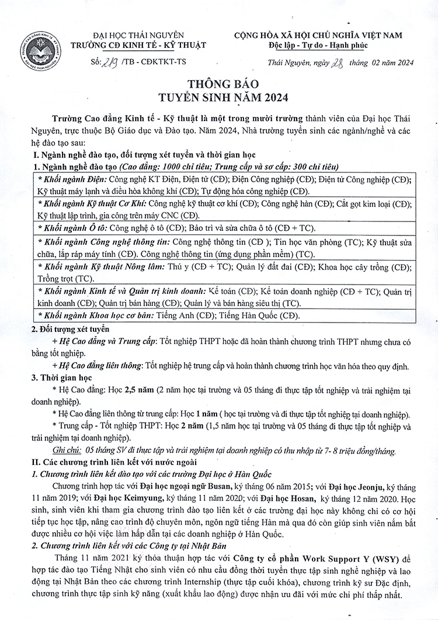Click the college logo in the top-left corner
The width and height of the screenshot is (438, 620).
click(40, 50)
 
